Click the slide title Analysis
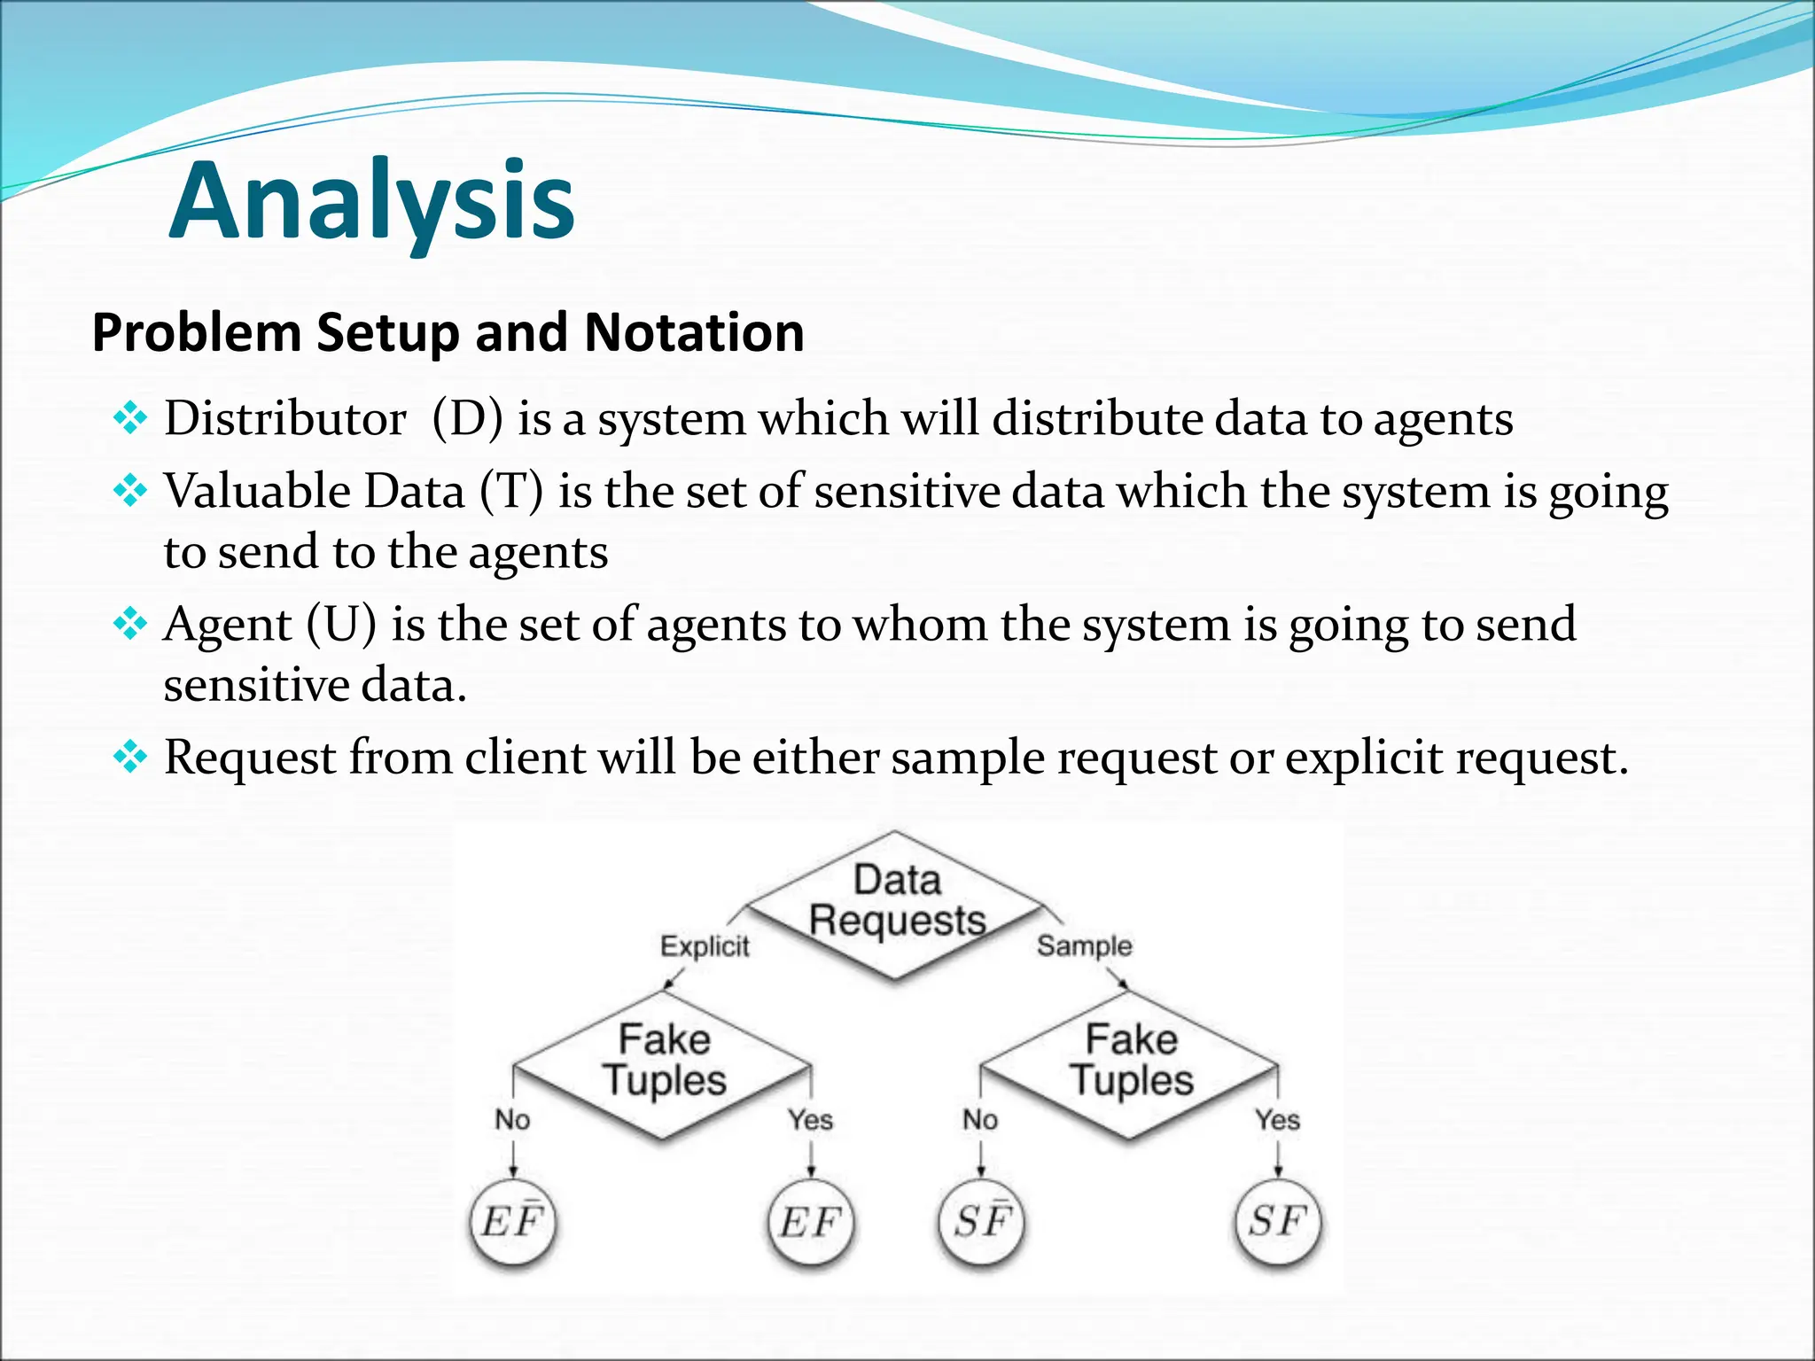coord(372,202)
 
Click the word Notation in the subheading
coord(694,333)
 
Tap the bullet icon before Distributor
coord(130,418)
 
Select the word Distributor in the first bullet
coord(284,418)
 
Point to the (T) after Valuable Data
coord(511,492)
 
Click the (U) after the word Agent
coord(341,625)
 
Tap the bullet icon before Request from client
coord(130,758)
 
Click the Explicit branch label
coord(705,946)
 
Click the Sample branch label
coord(1085,946)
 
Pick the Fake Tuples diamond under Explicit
coord(664,1062)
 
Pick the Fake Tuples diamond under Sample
coord(1131,1062)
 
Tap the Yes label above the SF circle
coord(1277,1120)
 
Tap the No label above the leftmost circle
coord(512,1120)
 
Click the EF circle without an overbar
coord(810,1223)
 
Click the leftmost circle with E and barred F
coord(512,1223)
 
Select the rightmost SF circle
coord(1278,1223)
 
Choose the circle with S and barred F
coord(981,1223)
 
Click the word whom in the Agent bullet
coord(919,625)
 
